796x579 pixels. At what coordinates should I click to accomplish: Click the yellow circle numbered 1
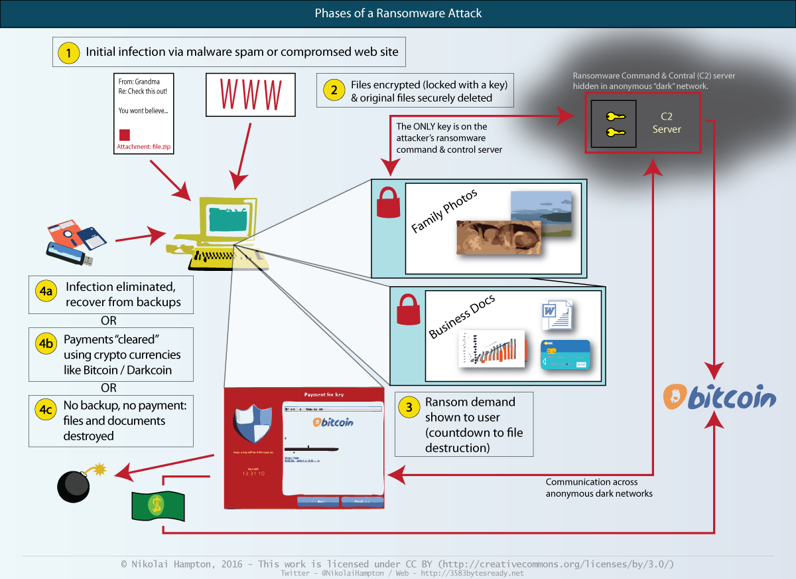(68, 52)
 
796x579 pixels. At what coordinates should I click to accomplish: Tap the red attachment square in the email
(125, 134)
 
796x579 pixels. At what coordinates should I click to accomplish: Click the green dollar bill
(157, 504)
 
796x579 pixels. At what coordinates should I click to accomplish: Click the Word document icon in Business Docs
(555, 314)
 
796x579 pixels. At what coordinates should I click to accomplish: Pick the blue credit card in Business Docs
(564, 355)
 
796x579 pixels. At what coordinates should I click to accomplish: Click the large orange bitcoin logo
(719, 398)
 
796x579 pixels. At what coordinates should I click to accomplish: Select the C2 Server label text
(667, 123)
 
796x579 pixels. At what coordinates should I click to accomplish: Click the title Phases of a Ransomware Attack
(398, 13)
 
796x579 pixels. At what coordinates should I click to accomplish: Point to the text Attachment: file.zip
(144, 147)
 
